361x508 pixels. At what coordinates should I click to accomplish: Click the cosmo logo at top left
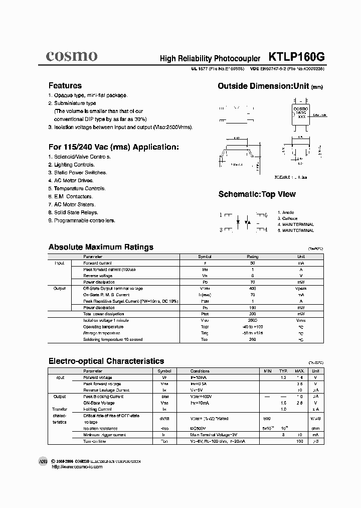point(72,56)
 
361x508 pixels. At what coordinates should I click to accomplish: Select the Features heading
point(65,85)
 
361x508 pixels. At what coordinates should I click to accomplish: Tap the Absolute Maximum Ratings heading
point(101,247)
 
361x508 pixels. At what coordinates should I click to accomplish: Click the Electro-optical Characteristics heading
point(106,361)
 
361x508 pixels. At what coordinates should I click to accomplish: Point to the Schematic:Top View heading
point(257,194)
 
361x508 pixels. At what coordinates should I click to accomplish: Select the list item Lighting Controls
point(71,165)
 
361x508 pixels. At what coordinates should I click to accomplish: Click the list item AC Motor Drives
point(71,181)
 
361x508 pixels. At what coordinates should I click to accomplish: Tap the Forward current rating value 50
point(253,263)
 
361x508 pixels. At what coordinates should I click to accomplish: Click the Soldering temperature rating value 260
point(253,340)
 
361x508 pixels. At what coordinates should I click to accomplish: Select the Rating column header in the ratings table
point(253,257)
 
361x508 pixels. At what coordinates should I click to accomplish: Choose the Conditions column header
point(200,371)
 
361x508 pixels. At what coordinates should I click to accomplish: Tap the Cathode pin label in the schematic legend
point(288,219)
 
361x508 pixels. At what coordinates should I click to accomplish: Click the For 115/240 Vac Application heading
point(113,147)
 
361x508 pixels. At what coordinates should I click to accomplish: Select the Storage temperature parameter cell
point(102,333)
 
